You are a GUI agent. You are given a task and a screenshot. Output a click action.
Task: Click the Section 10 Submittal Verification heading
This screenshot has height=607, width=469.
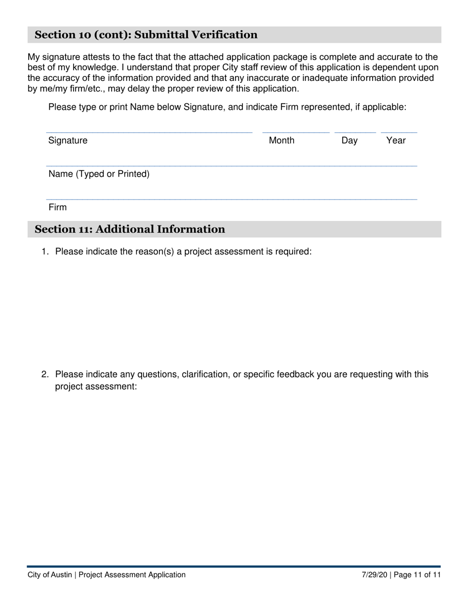[146, 35]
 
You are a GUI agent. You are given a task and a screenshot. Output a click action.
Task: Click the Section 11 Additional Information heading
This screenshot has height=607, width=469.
[130, 229]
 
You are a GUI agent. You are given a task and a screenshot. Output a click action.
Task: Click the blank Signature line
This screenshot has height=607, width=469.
[149, 132]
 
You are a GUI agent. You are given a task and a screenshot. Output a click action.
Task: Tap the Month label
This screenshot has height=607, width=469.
[281, 141]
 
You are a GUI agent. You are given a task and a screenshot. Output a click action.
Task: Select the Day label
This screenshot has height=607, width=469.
[349, 141]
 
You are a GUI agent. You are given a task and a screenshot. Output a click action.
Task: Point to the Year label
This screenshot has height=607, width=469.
[395, 141]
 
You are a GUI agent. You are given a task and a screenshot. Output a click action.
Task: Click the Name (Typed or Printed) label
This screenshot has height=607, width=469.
[99, 174]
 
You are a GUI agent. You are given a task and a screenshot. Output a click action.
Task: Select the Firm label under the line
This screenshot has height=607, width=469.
[57, 207]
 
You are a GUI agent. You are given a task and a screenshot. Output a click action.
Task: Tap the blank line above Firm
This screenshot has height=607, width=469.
[232, 199]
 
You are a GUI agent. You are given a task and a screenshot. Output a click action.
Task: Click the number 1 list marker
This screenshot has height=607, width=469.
[45, 252]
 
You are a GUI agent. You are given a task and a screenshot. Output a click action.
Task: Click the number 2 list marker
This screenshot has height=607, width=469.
[45, 375]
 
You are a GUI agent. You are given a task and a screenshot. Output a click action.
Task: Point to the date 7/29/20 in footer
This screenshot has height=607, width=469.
[376, 575]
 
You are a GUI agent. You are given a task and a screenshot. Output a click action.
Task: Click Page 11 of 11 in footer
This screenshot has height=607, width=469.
[417, 575]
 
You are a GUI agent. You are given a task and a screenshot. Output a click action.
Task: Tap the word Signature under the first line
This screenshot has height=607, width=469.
[68, 141]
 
